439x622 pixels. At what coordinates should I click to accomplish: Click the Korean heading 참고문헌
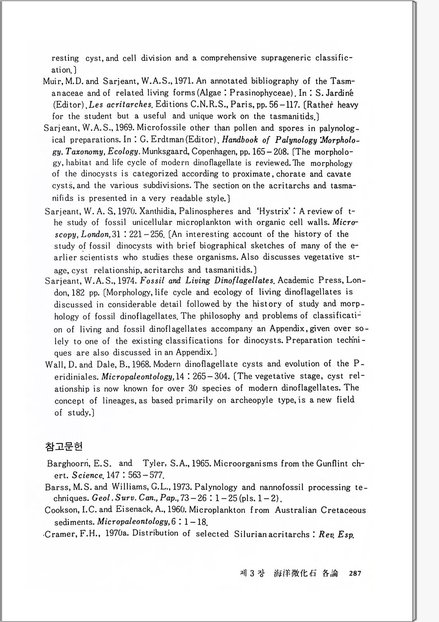[64, 447]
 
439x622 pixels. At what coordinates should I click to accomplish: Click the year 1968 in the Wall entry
[140, 364]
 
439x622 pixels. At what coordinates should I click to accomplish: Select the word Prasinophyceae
[260, 93]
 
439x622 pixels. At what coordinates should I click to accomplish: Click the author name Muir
[52, 82]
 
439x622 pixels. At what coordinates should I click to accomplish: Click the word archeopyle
[252, 400]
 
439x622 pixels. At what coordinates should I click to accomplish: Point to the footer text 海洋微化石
[295, 573]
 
